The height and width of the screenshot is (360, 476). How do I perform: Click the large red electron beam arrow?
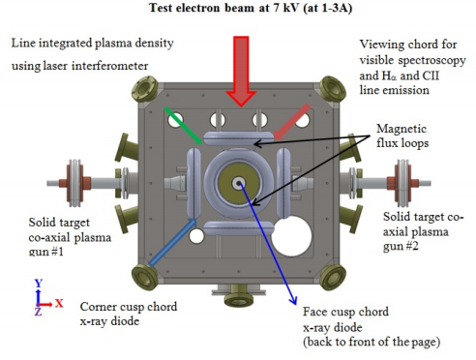[241, 71]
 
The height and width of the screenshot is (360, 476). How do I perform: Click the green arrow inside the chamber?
[183, 125]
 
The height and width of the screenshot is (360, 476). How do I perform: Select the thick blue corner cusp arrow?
[172, 242]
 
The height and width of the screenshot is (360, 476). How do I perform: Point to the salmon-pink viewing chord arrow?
[292, 122]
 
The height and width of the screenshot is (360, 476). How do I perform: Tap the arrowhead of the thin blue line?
[293, 299]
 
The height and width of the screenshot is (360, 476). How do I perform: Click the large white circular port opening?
[291, 236]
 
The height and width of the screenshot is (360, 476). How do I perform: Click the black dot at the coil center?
[239, 184]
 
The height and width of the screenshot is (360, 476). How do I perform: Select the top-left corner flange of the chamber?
[145, 89]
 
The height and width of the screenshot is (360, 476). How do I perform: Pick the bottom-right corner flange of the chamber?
[333, 277]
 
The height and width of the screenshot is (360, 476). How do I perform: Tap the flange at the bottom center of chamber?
[239, 294]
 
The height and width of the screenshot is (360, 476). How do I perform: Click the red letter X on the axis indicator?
[59, 303]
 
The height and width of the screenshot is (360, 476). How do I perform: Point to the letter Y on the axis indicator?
[39, 284]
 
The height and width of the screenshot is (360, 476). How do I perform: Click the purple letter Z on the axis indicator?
[39, 312]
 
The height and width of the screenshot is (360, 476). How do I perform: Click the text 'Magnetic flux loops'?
[402, 135]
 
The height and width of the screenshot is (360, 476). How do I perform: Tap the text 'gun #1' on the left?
[46, 252]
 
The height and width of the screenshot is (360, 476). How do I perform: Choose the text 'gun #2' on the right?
[401, 247]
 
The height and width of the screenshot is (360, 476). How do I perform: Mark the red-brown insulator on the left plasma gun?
[74, 183]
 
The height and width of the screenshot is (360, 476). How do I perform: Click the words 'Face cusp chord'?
[345, 312]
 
